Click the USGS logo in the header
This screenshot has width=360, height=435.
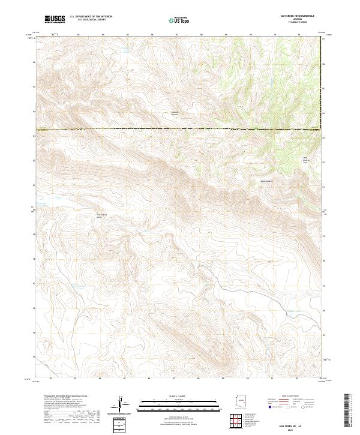(x=55, y=19)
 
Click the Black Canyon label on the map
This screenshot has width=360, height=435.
(x=266, y=179)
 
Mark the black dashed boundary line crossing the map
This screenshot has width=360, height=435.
(x=180, y=128)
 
